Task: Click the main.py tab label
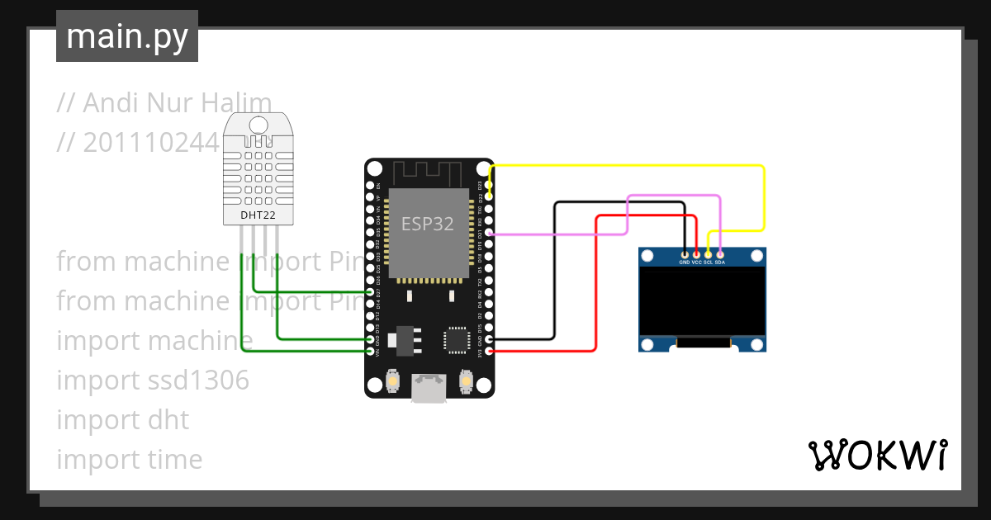(x=127, y=36)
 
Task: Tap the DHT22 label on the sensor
(x=258, y=215)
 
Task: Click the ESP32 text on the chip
(x=427, y=224)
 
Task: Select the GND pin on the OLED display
(x=685, y=254)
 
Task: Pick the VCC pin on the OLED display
(x=696, y=254)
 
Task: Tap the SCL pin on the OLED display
(x=708, y=254)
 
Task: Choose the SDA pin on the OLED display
(x=720, y=254)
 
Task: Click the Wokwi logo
(x=877, y=455)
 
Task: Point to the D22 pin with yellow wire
(x=490, y=197)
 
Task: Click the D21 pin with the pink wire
(x=490, y=234)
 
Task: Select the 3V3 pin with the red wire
(x=490, y=352)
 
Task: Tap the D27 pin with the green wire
(x=370, y=292)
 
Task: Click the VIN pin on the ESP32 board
(x=370, y=352)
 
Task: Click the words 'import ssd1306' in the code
(x=153, y=381)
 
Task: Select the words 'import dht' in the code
(x=122, y=420)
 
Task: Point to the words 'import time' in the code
(x=129, y=460)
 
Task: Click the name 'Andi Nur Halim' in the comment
(x=178, y=103)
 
